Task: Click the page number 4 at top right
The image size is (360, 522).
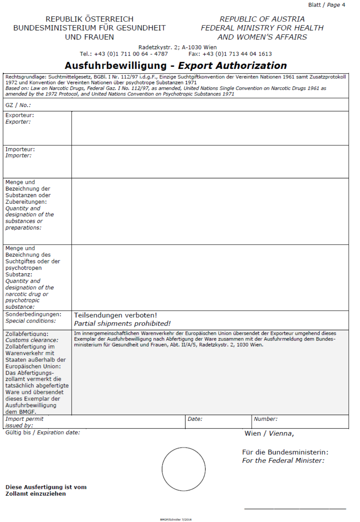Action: point(344,5)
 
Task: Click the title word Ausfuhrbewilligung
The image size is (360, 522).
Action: point(115,65)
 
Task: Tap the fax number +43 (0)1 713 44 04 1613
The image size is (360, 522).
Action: point(237,54)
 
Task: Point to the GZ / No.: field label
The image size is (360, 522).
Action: point(18,105)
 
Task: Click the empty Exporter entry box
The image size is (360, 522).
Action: point(210,128)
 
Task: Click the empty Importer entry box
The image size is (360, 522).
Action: point(210,161)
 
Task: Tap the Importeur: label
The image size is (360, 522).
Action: point(20,149)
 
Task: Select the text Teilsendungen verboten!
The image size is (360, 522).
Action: point(115,315)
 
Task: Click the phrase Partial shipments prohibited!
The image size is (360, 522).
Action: point(122,324)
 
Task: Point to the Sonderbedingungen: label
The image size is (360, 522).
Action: point(33,314)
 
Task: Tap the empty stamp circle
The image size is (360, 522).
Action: point(183,469)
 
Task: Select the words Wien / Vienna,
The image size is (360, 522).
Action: point(269,434)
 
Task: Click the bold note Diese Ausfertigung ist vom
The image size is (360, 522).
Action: point(46,487)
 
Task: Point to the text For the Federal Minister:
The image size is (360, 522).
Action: point(283,461)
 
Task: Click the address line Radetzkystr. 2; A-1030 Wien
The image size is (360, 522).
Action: point(177,47)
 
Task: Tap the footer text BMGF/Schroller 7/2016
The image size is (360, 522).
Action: point(176,519)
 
